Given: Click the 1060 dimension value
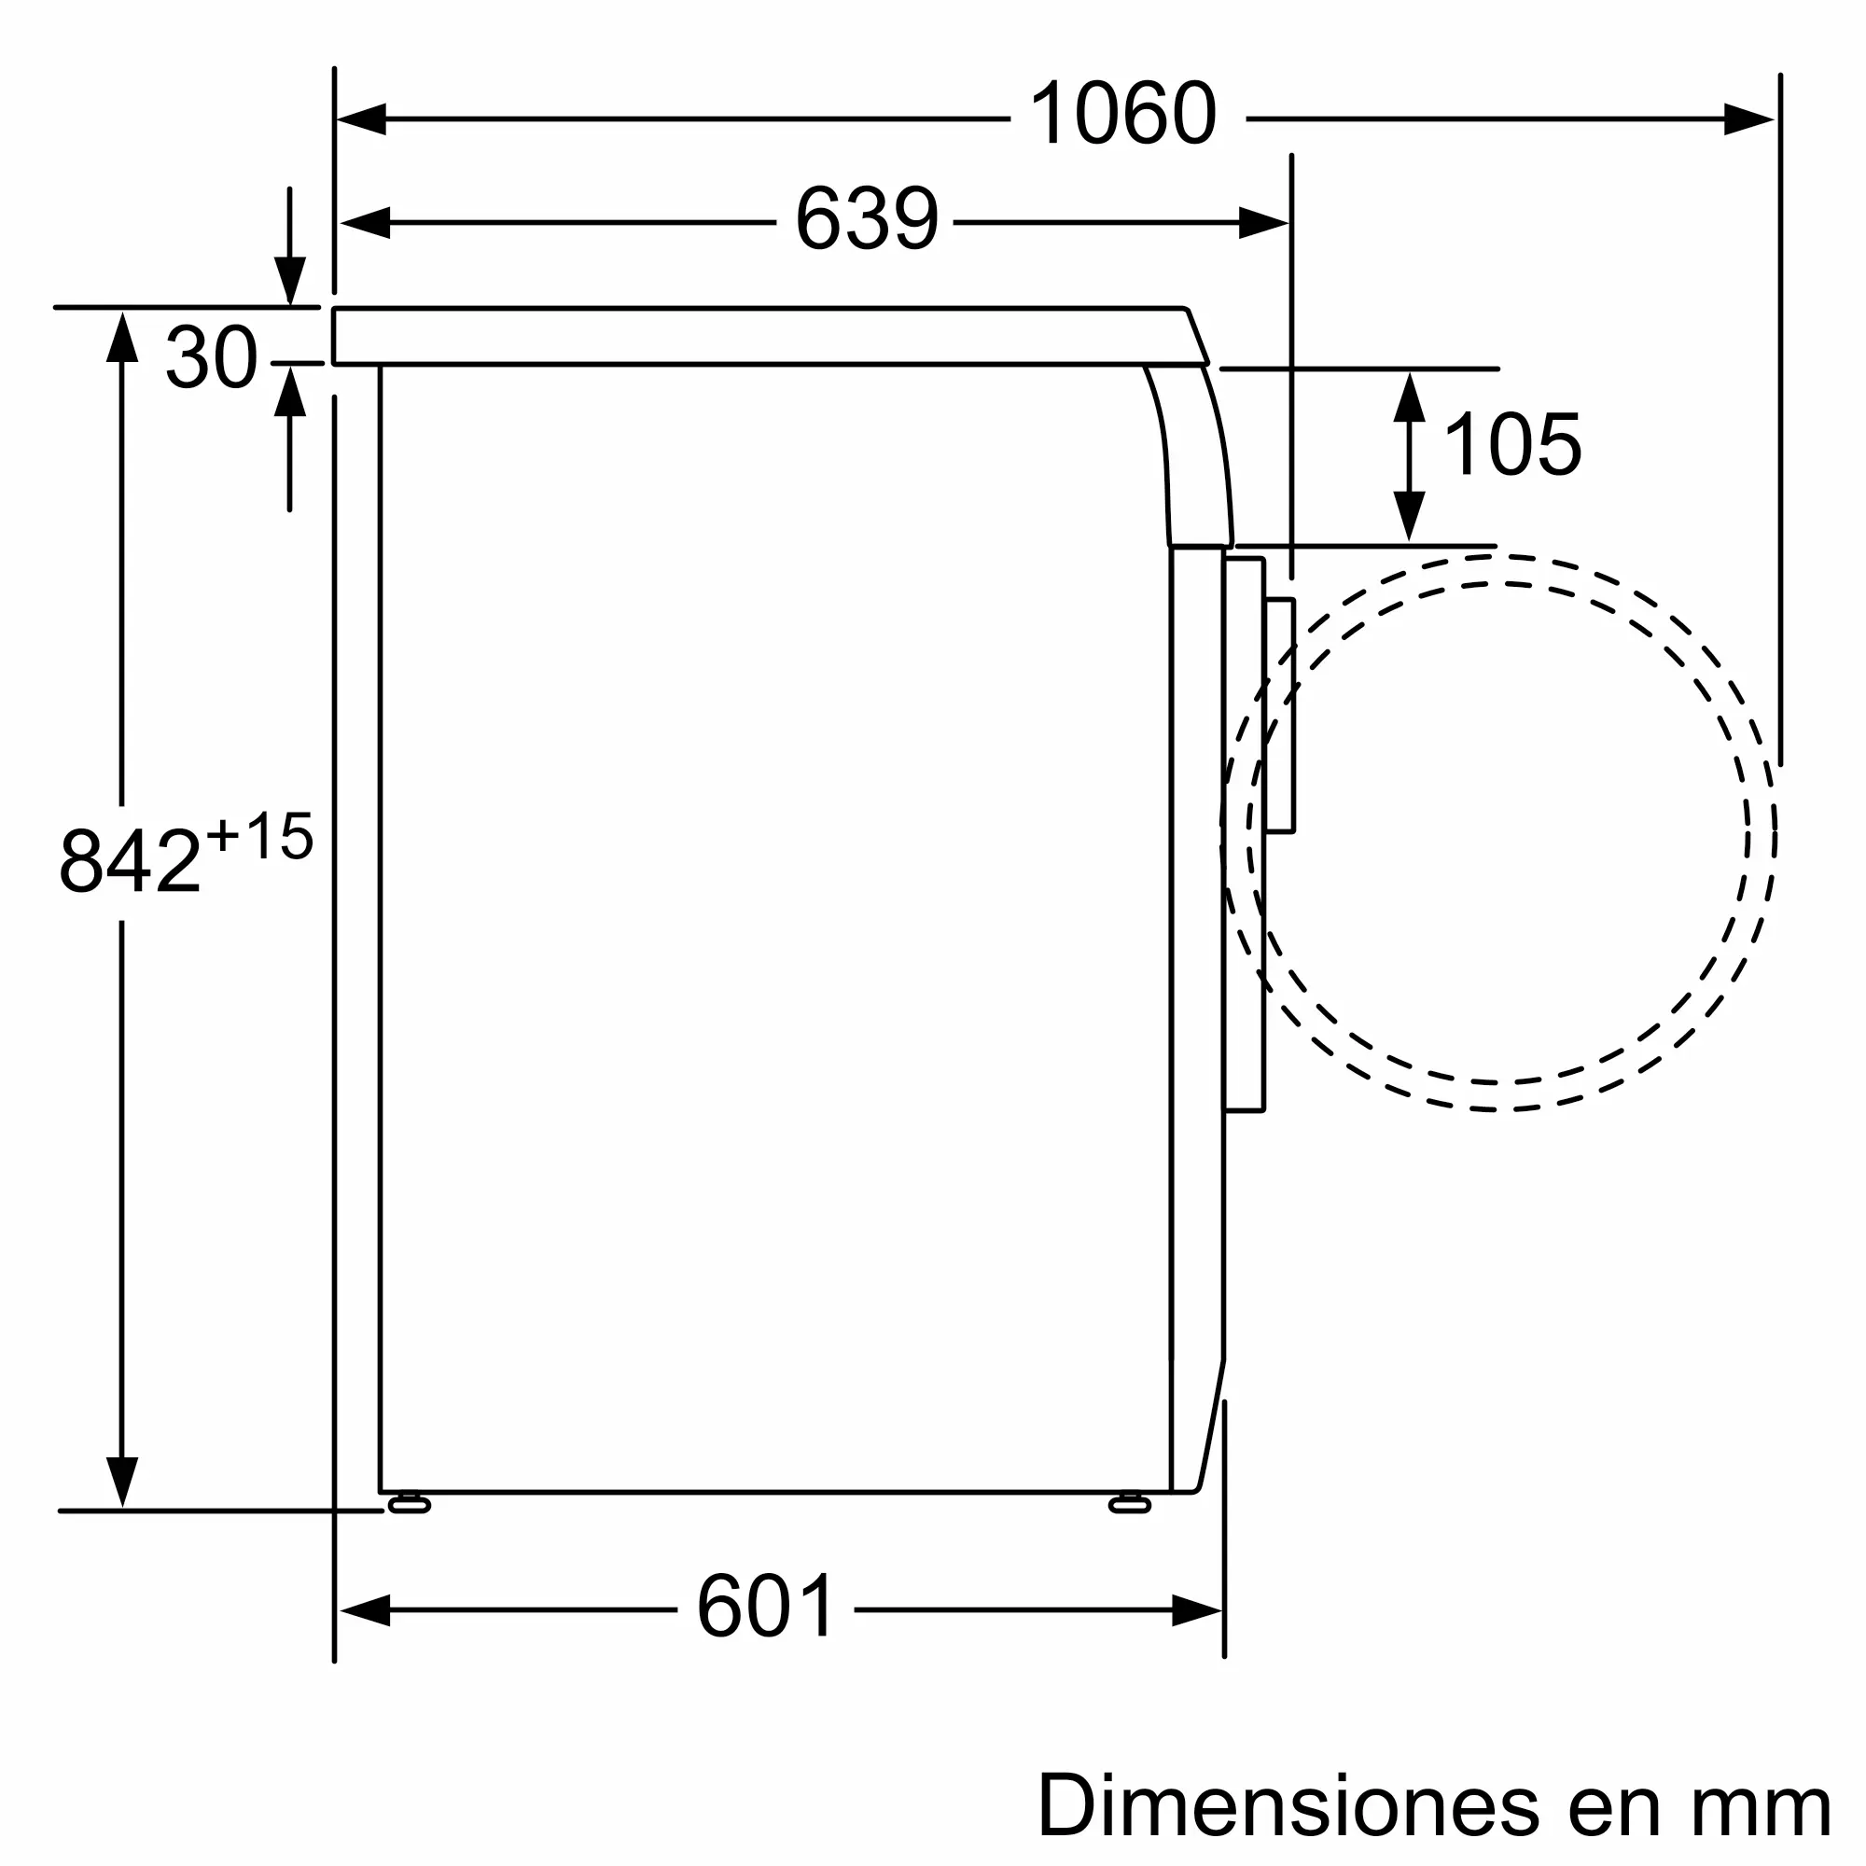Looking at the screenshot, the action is point(1122,114).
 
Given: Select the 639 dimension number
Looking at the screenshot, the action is point(867,218).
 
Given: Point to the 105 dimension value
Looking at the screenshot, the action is point(1512,443).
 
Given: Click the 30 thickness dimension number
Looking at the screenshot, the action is point(212,356).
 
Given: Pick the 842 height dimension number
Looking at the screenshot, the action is point(131,860).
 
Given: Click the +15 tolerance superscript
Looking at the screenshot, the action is point(259,835).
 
